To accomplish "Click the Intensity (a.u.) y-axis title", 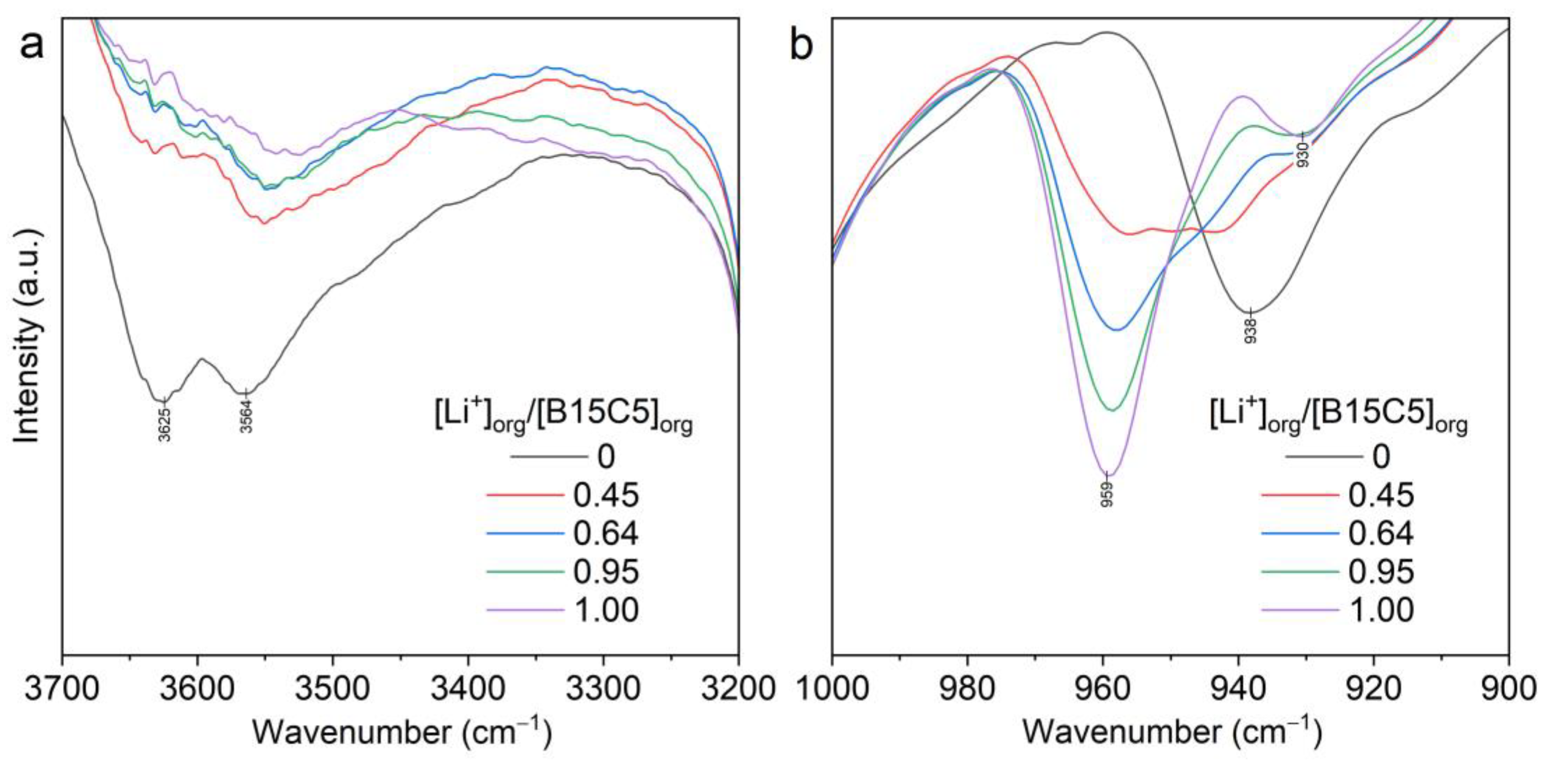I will point(27,336).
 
